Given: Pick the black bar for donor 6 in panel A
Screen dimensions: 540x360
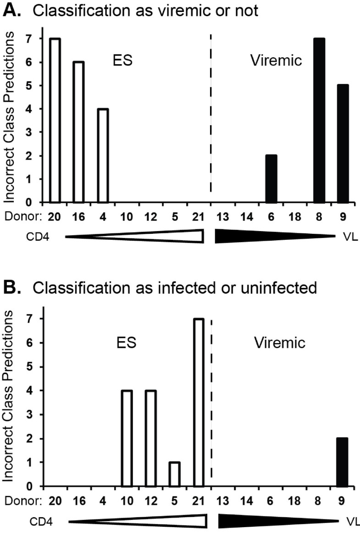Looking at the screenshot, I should point(271,179).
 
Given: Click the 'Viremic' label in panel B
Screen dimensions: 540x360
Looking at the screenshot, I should point(280,342).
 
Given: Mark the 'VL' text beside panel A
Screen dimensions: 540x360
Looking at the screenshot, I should point(349,236).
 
